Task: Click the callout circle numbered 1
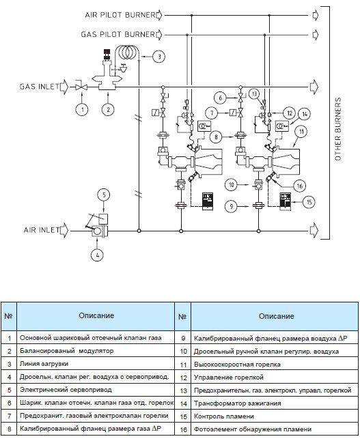click(82, 109)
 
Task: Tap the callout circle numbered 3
click(159, 56)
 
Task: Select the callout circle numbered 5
click(104, 195)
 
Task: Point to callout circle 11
click(301, 132)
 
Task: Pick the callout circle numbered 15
click(309, 202)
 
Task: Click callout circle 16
click(299, 186)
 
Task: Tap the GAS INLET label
click(40, 86)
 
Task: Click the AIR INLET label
click(42, 230)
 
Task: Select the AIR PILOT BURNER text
click(120, 15)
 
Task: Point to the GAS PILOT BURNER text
click(118, 35)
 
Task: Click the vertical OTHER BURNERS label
click(337, 129)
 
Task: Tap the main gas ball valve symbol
click(81, 87)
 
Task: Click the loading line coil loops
click(128, 51)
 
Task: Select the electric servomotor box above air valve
click(103, 218)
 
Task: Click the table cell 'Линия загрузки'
click(96, 364)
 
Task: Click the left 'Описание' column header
click(96, 315)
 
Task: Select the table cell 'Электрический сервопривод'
click(96, 390)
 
